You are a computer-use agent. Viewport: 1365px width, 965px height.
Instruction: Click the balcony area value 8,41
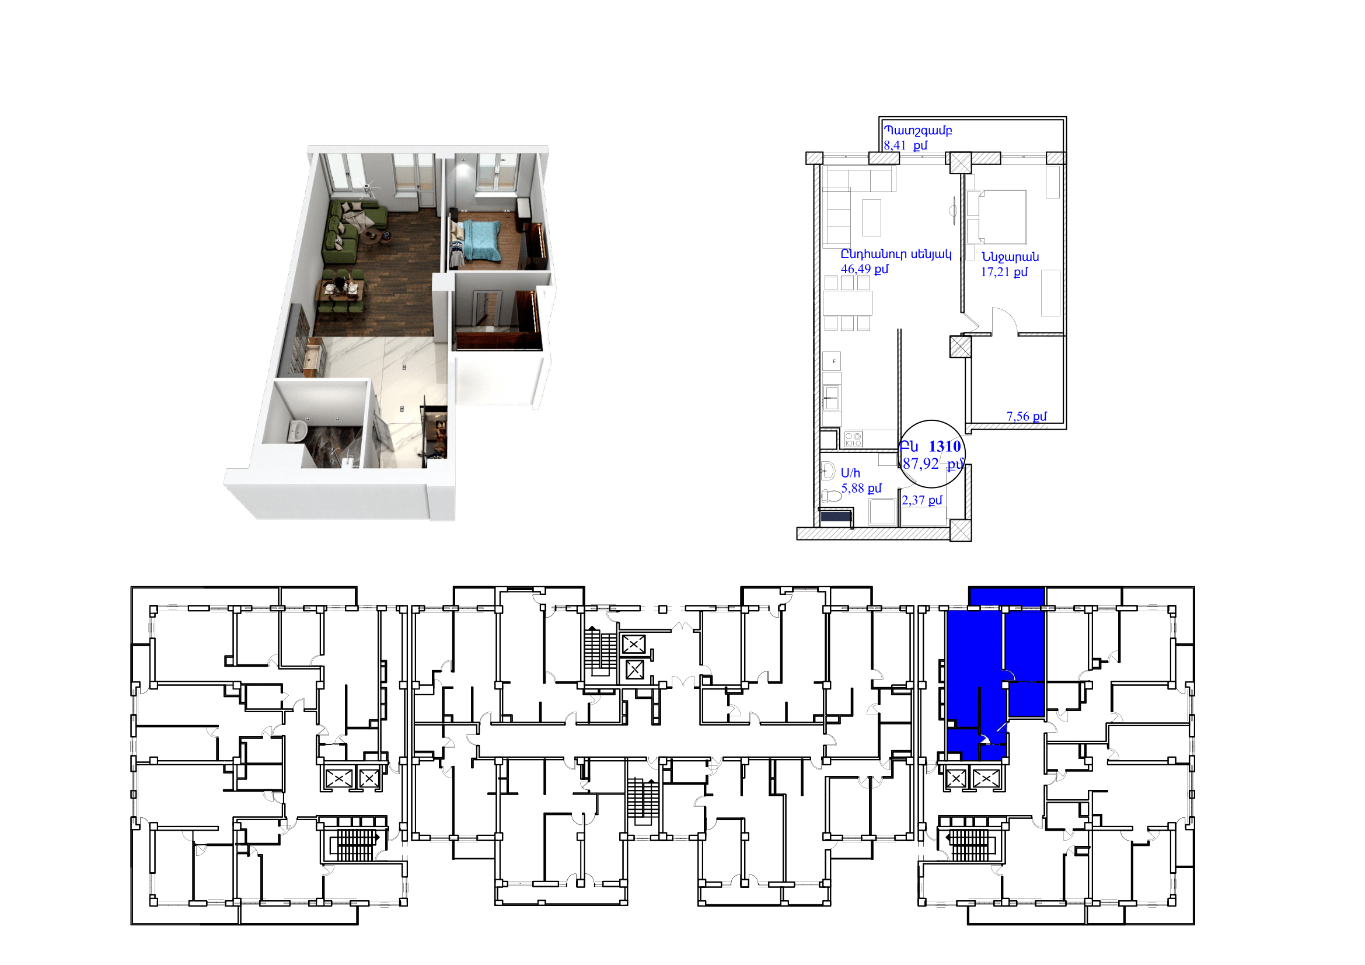pyautogui.click(x=894, y=146)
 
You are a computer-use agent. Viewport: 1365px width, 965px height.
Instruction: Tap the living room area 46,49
pyautogui.click(x=856, y=269)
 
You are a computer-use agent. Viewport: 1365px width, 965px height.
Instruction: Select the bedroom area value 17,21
pyautogui.click(x=995, y=272)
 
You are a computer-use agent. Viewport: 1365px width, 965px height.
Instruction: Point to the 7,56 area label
pyautogui.click(x=1017, y=416)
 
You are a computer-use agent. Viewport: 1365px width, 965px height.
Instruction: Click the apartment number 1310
pyautogui.click(x=945, y=447)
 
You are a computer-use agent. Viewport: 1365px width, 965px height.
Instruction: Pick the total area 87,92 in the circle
pyautogui.click(x=920, y=464)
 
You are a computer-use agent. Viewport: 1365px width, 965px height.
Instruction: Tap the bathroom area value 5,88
pyautogui.click(x=853, y=489)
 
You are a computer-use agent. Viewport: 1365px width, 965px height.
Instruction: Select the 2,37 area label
pyautogui.click(x=913, y=501)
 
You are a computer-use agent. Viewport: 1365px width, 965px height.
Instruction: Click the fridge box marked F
pyautogui.click(x=832, y=361)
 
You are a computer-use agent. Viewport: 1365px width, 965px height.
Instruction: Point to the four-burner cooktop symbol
pyautogui.click(x=853, y=440)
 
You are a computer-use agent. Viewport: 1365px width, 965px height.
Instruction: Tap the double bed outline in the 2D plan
pyautogui.click(x=996, y=217)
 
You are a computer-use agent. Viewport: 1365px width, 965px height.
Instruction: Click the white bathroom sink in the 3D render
pyautogui.click(x=296, y=431)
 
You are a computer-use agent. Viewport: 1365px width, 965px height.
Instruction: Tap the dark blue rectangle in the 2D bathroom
pyautogui.click(x=835, y=517)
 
